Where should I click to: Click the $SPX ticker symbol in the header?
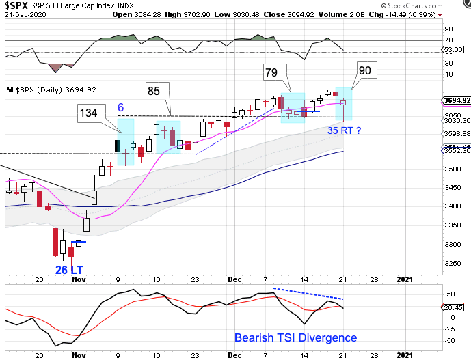[16, 4]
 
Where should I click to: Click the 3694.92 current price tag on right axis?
[456, 102]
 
